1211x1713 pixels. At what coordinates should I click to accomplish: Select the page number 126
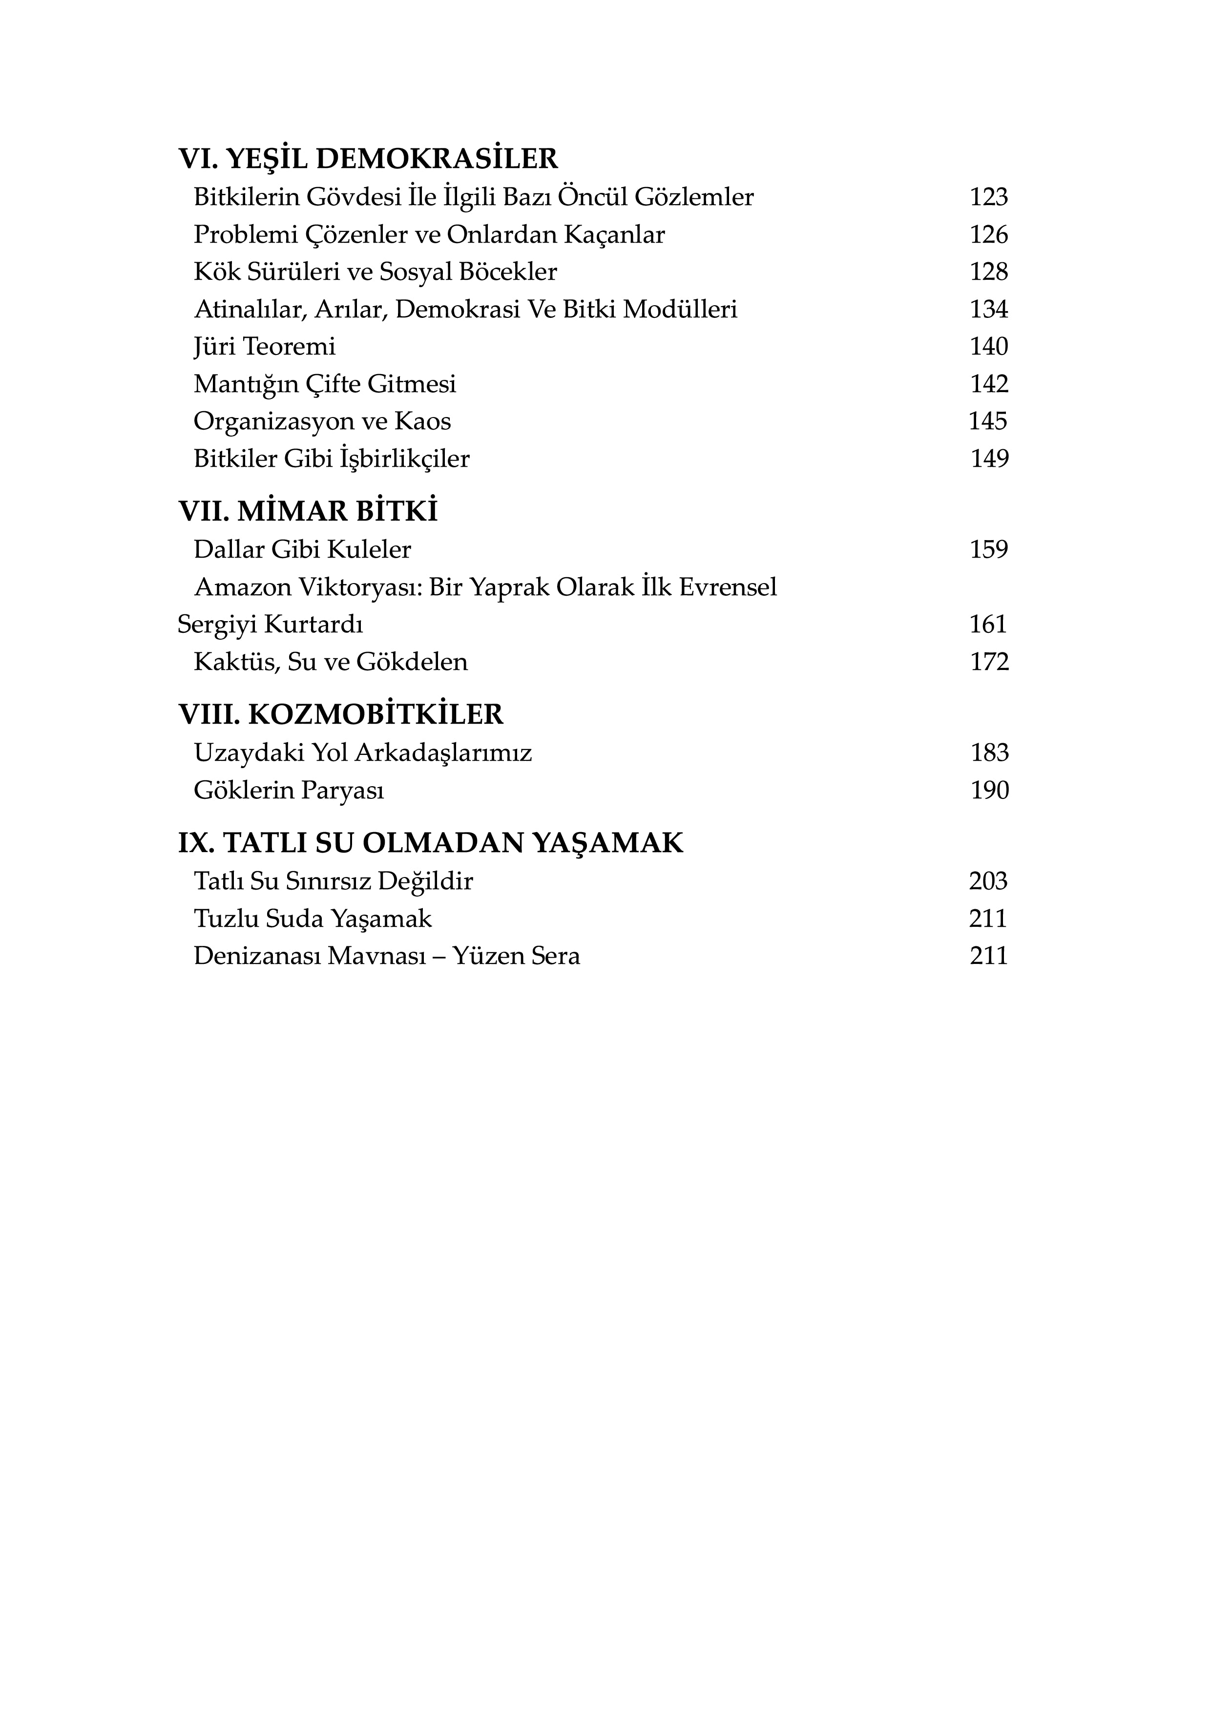(989, 234)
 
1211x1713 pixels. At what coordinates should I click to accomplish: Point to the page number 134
(989, 309)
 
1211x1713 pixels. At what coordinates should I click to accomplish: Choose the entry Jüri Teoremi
(265, 346)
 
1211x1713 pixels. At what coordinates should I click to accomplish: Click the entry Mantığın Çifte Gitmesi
(325, 384)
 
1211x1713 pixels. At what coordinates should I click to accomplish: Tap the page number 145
(988, 421)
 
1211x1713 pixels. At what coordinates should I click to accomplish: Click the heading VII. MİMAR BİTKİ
(308, 512)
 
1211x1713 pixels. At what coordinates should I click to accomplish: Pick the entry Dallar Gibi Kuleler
(302, 550)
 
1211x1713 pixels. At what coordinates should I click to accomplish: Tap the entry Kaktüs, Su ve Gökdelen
(331, 662)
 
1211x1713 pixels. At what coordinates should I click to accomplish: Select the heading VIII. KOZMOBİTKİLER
(341, 715)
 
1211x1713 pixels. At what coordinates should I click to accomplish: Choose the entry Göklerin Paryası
(289, 790)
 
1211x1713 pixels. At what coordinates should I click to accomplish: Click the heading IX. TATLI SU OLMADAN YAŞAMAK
(431, 843)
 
